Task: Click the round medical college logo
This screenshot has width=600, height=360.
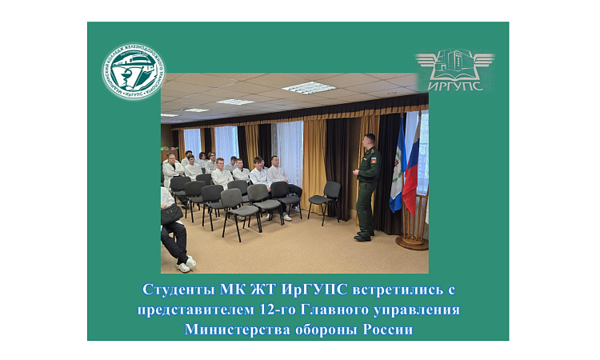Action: coord(134,71)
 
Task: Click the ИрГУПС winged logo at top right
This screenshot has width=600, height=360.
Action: coord(454,70)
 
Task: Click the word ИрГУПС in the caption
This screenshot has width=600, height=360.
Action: coord(302,289)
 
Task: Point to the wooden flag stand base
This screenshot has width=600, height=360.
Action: coord(412,241)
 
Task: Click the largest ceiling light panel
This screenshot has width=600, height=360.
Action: coord(309,87)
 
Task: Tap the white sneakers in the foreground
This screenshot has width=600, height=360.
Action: coord(186,263)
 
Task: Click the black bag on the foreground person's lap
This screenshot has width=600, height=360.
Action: coord(171,214)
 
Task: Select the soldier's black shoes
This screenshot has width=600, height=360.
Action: coord(362,237)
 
